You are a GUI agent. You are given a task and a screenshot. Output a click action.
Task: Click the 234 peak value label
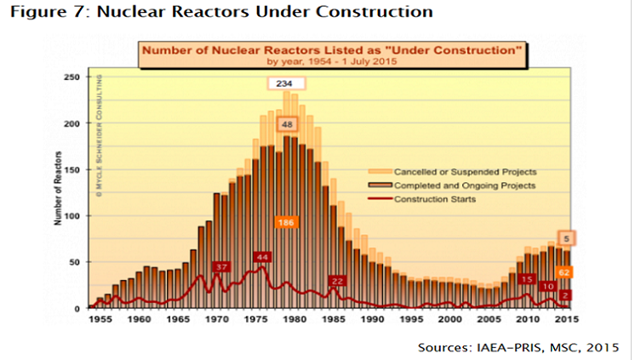click(285, 83)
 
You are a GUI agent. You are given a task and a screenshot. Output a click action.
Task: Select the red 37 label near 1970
click(221, 268)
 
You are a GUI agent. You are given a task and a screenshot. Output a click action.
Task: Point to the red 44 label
click(262, 257)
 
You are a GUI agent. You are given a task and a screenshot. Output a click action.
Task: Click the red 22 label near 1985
click(338, 281)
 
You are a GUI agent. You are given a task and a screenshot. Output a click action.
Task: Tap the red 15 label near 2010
click(527, 280)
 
